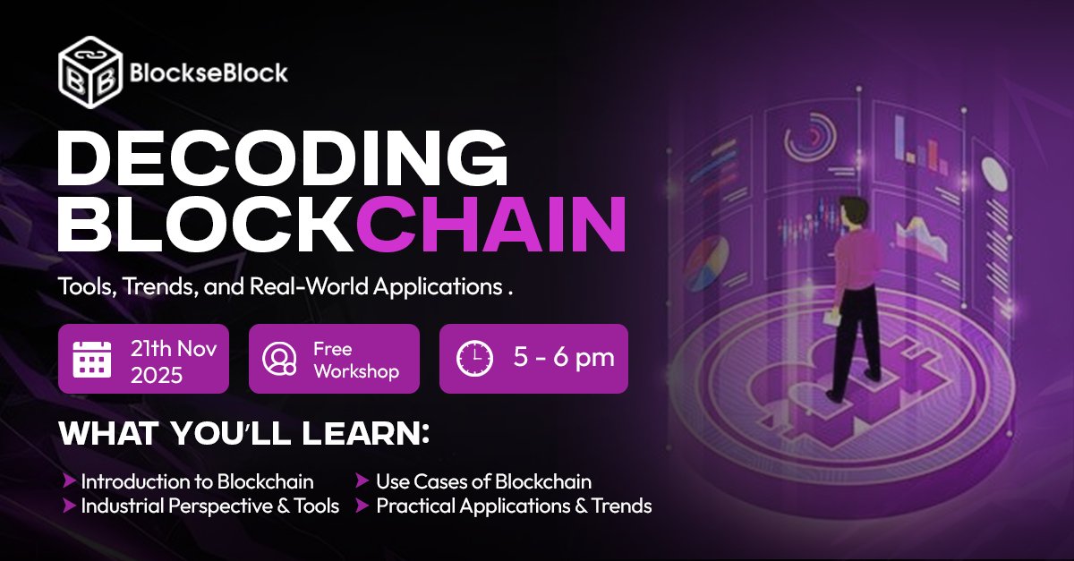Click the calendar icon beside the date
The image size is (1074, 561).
click(92, 359)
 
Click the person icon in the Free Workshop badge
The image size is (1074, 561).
click(279, 359)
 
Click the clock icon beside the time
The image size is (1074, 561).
click(474, 359)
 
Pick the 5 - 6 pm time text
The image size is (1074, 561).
click(564, 359)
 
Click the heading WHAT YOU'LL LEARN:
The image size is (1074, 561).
click(244, 434)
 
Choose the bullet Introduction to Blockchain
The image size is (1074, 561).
click(197, 481)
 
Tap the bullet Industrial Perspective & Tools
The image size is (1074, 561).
click(209, 506)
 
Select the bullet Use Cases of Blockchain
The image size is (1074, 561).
click(483, 481)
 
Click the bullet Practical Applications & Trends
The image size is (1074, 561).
click(514, 506)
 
